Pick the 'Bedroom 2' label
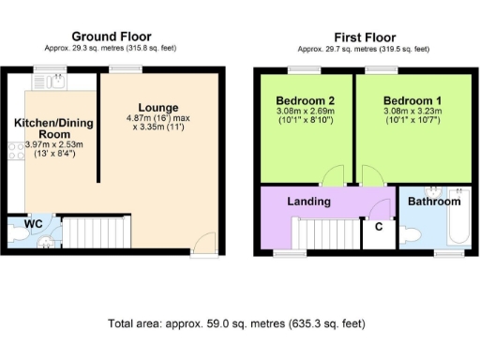point(306,100)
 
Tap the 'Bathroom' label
point(432,202)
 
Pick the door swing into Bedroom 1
point(372,177)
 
